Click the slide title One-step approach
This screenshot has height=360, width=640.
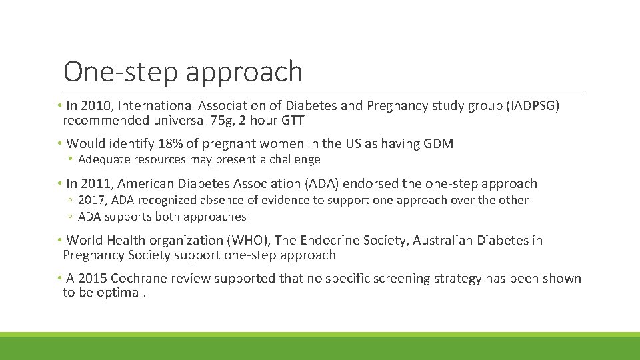coord(183,72)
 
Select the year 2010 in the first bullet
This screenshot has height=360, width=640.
coord(97,106)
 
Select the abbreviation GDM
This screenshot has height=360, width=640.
coord(438,144)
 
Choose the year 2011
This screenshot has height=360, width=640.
coord(97,183)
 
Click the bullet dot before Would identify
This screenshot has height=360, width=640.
coord(60,144)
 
